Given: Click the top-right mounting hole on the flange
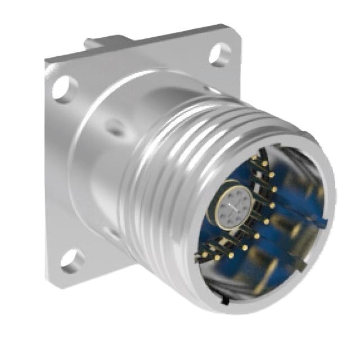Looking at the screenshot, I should [219, 55].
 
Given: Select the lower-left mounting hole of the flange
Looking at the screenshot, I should [71, 259].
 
